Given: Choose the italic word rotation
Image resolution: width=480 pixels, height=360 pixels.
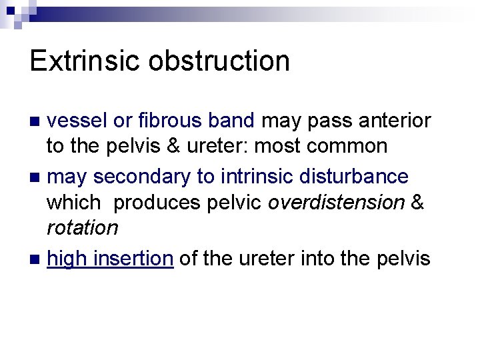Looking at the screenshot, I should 82,227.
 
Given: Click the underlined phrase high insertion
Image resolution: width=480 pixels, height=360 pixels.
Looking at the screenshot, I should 110,258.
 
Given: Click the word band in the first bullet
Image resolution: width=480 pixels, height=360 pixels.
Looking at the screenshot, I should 233,121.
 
